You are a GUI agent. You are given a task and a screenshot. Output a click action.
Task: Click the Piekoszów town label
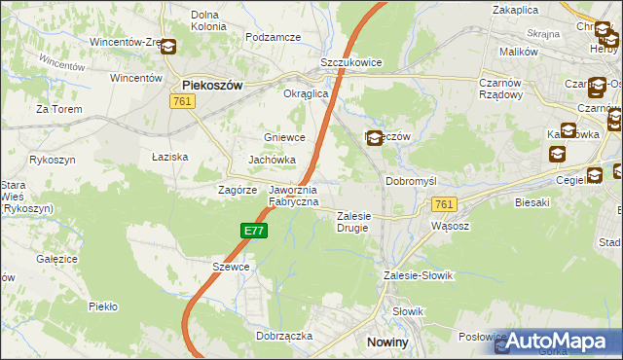[211, 85]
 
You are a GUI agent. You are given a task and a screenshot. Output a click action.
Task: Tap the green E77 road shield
[253, 231]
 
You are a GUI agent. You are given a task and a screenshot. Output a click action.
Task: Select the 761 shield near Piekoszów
[181, 101]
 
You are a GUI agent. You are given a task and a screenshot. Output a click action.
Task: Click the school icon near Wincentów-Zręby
[168, 47]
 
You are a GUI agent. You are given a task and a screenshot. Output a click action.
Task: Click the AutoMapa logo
[559, 341]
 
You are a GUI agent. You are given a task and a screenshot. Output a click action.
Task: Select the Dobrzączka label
[283, 335]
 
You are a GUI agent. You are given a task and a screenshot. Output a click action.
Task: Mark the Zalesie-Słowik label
[420, 275]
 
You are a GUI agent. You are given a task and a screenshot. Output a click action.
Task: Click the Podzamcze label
[274, 37]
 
